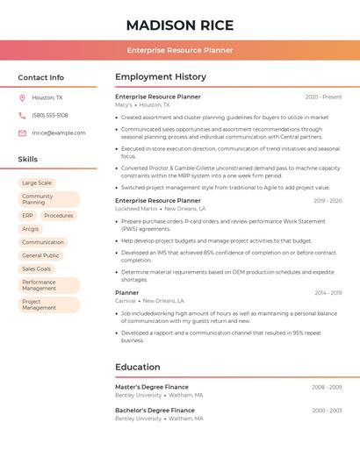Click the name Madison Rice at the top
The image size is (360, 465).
pos(180,25)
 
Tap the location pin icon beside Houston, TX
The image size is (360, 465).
pos(23,98)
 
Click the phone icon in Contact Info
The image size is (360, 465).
pos(23,116)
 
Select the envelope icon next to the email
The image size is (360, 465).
pos(23,133)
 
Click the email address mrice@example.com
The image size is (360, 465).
pos(59,133)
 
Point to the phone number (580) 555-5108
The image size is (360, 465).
pos(50,116)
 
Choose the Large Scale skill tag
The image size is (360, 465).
pos(37,183)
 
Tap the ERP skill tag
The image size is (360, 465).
pos(28,216)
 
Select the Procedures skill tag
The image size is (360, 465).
pos(59,216)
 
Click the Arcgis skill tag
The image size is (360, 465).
pos(31,229)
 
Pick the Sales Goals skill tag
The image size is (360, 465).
pos(37,269)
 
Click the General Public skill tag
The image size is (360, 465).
pos(40,256)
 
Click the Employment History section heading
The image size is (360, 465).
pos(161,77)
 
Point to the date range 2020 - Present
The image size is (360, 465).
pos(323,97)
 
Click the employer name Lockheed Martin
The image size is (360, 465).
pos(136,209)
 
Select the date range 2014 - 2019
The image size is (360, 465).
pos(328,293)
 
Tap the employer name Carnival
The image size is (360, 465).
pos(126,301)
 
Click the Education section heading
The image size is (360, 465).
pos(138,368)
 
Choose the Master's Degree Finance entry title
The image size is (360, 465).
pos(152,387)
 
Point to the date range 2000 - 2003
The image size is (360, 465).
pos(327,411)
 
